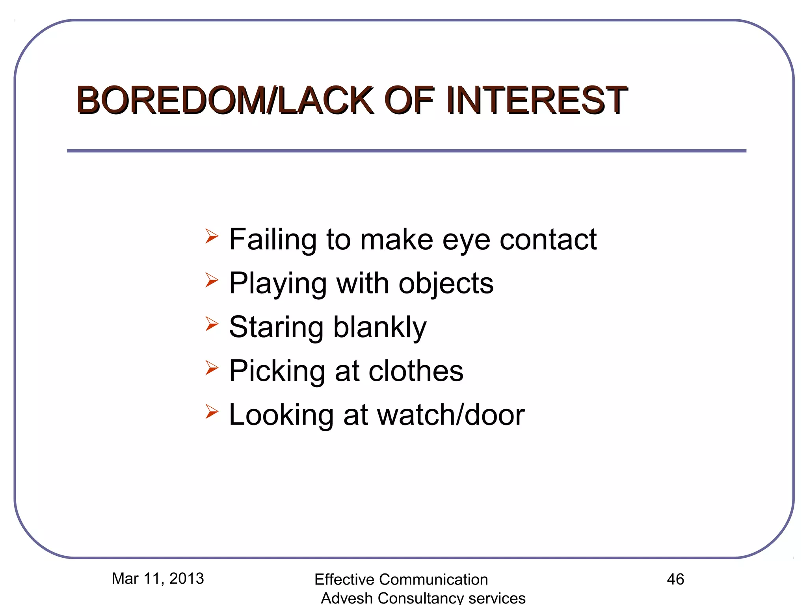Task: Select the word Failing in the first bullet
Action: pos(273,240)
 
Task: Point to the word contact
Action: pos(548,239)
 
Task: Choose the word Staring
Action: pos(276,328)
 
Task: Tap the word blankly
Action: pos(380,328)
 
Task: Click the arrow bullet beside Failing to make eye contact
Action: pos(212,236)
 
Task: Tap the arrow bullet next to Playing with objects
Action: pos(212,280)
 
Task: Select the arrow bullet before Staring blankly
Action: pos(212,324)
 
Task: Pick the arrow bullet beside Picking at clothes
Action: pos(212,368)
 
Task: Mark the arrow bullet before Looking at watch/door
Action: pos(212,412)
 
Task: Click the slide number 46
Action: pos(675,579)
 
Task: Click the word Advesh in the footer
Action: pos(347,598)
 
